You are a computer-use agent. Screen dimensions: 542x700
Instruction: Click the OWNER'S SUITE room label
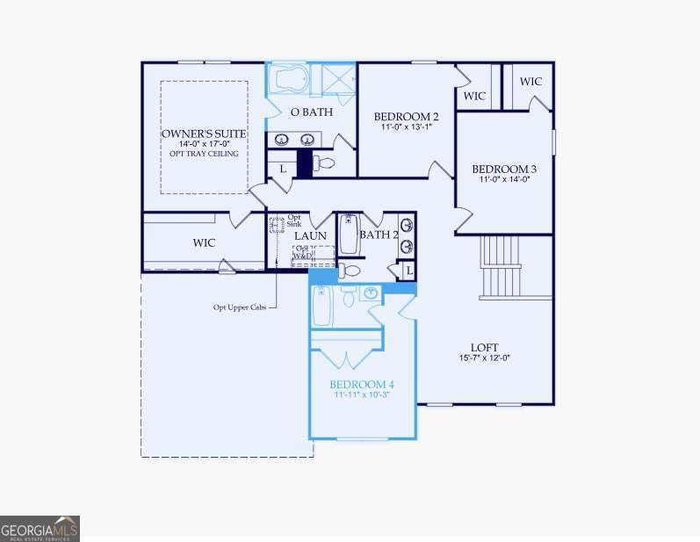204,134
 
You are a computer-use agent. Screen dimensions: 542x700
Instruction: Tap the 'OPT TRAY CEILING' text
204,154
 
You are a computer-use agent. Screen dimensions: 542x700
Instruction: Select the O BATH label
312,112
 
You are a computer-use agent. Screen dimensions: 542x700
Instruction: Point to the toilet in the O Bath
324,163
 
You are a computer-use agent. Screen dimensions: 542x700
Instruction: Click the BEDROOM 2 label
406,117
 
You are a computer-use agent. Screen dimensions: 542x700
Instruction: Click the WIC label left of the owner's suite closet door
204,242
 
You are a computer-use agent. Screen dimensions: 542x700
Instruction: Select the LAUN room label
310,235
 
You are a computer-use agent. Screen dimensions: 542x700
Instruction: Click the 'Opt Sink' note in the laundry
294,220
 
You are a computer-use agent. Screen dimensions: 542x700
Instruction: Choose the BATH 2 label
379,235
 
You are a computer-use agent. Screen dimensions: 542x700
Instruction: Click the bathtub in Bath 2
349,234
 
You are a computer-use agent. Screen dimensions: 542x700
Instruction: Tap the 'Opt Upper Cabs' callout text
240,307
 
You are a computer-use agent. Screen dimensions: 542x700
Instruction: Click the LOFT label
484,347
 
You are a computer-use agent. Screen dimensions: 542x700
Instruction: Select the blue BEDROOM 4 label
362,385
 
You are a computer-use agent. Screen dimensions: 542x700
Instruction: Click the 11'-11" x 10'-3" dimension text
362,395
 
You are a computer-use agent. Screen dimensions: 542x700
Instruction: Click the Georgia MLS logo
40,529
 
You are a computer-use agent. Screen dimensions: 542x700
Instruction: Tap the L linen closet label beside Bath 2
408,270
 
